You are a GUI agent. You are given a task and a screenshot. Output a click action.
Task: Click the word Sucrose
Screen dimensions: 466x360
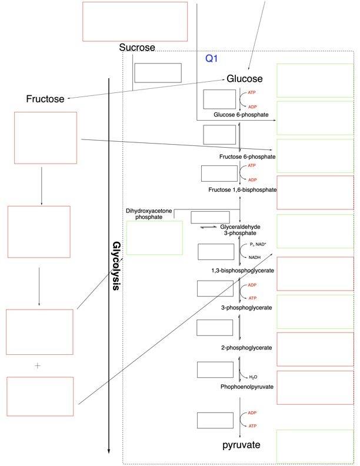pyautogui.click(x=137, y=48)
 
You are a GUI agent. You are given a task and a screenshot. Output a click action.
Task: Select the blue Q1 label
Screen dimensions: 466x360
pyautogui.click(x=212, y=59)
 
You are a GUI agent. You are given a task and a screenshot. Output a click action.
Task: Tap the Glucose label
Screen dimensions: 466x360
pyautogui.click(x=245, y=79)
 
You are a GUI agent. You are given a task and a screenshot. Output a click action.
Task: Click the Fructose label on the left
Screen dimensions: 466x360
pyautogui.click(x=45, y=99)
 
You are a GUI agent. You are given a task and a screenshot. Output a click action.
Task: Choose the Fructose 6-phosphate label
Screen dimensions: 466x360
pyautogui.click(x=247, y=157)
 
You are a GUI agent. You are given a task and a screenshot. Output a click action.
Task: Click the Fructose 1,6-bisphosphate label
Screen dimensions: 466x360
pyautogui.click(x=242, y=190)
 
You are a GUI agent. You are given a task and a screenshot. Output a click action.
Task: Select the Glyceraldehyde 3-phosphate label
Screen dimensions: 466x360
pyautogui.click(x=241, y=230)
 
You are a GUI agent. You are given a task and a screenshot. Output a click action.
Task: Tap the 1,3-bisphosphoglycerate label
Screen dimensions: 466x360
pyautogui.click(x=243, y=271)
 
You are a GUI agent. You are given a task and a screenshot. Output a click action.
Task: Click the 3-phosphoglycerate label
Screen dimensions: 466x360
pyautogui.click(x=246, y=308)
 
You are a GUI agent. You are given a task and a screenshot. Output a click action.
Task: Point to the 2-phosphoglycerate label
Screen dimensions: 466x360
pyautogui.click(x=246, y=348)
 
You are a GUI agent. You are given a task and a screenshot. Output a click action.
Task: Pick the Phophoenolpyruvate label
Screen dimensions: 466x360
pyautogui.click(x=246, y=387)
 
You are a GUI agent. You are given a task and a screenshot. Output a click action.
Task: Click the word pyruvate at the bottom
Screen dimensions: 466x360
pyautogui.click(x=241, y=445)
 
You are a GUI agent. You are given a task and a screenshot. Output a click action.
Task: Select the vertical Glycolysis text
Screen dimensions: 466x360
pyautogui.click(x=116, y=266)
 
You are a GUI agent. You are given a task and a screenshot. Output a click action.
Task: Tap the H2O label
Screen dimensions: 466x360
pyautogui.click(x=253, y=377)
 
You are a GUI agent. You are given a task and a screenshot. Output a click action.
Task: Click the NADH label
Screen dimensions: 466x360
pyautogui.click(x=254, y=257)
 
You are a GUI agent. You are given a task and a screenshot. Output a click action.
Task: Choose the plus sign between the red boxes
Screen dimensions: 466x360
pyautogui.click(x=38, y=365)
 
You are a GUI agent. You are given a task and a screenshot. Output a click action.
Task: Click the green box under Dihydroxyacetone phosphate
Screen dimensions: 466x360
pyautogui.click(x=155, y=238)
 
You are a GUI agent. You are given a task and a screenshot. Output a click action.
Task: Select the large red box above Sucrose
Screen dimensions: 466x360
pyautogui.click(x=135, y=21)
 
